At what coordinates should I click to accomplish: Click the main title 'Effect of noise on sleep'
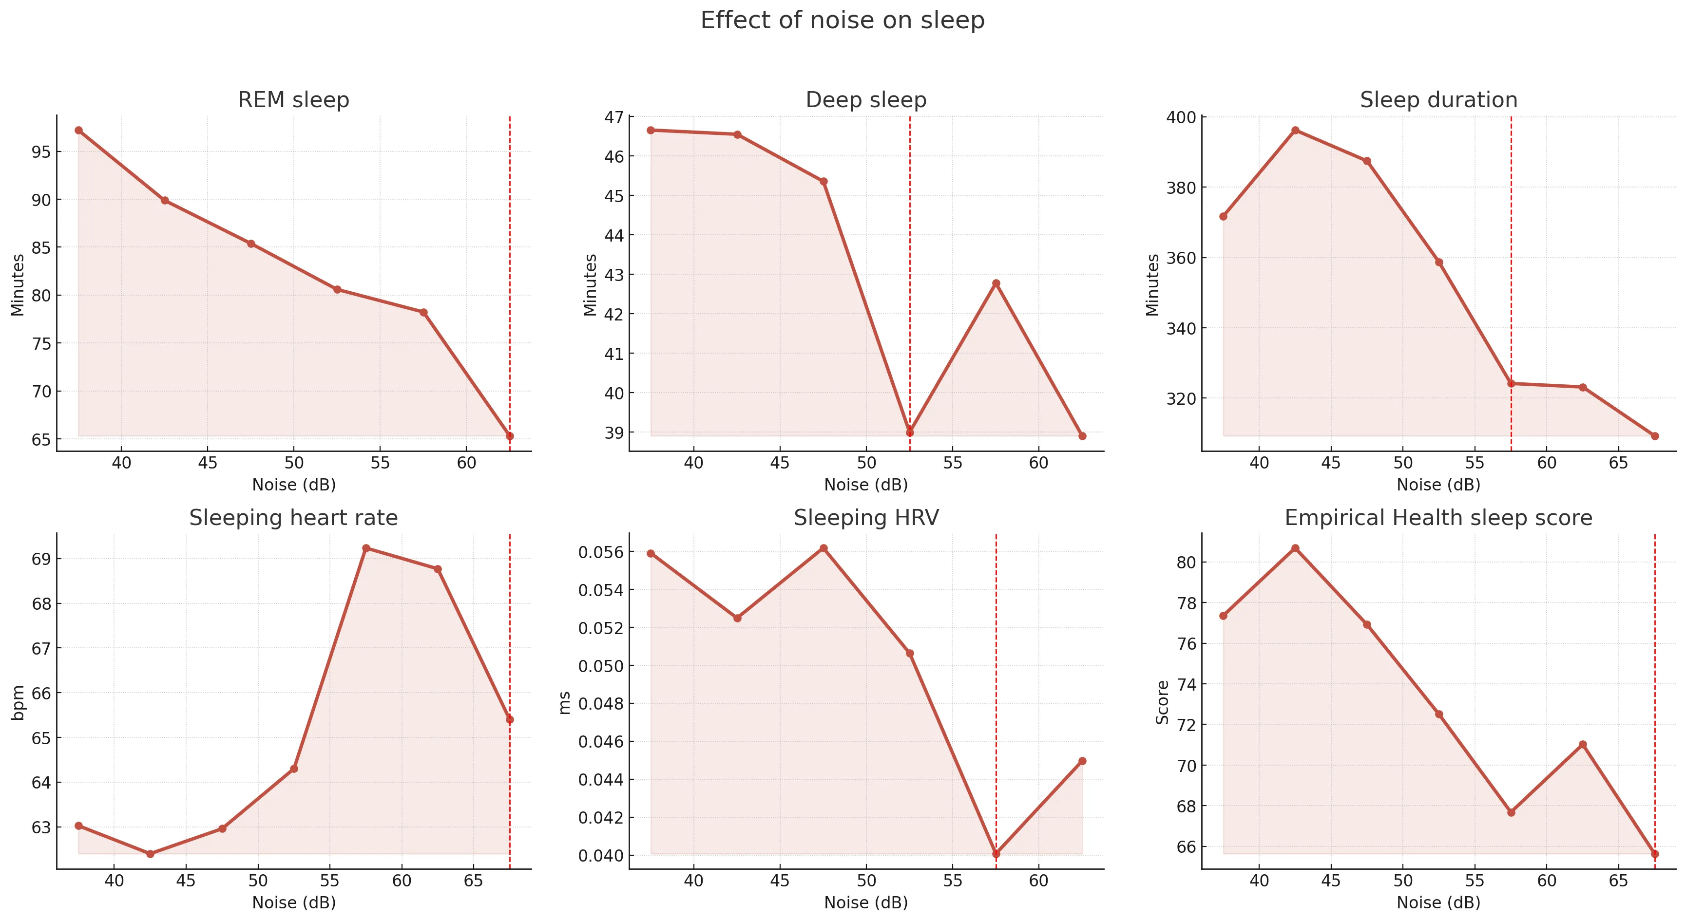click(843, 20)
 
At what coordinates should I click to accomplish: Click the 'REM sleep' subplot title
click(293, 100)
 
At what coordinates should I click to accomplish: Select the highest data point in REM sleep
click(78, 130)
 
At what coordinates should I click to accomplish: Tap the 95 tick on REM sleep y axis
click(40, 152)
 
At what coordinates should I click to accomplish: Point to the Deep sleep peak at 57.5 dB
click(996, 283)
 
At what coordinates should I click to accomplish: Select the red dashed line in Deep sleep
click(910, 275)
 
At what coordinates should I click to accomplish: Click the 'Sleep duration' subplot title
click(1438, 100)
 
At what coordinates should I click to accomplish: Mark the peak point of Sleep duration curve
click(1295, 130)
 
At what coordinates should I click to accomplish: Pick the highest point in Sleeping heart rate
click(366, 548)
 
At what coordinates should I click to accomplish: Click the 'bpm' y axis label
click(19, 702)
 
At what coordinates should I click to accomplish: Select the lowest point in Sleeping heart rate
click(151, 854)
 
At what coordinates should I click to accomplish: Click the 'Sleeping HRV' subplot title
click(866, 518)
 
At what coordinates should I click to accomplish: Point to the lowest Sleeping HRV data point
click(996, 854)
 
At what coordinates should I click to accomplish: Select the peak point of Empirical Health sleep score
click(1295, 548)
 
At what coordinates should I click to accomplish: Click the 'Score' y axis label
click(1162, 702)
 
